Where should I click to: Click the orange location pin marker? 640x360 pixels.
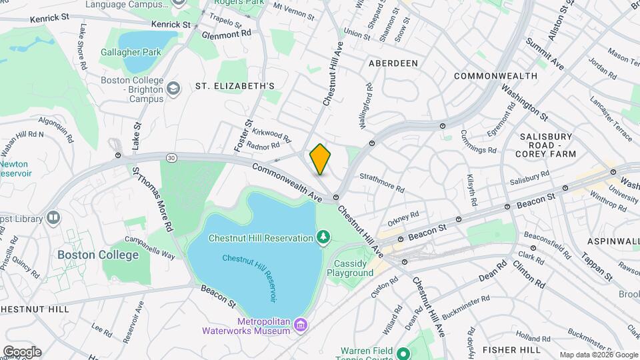(320, 159)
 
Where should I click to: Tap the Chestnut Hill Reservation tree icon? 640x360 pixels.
(323, 237)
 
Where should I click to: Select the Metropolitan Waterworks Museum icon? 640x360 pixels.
(301, 324)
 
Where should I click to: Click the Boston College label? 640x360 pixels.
(98, 255)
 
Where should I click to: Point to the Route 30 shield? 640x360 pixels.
(172, 157)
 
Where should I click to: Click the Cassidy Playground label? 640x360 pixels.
(353, 268)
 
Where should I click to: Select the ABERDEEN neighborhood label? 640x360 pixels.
(393, 63)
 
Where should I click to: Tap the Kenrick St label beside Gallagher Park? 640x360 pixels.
(171, 24)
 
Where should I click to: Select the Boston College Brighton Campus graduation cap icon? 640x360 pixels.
(173, 89)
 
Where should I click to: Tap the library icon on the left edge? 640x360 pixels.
(53, 217)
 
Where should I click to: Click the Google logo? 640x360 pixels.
(21, 351)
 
